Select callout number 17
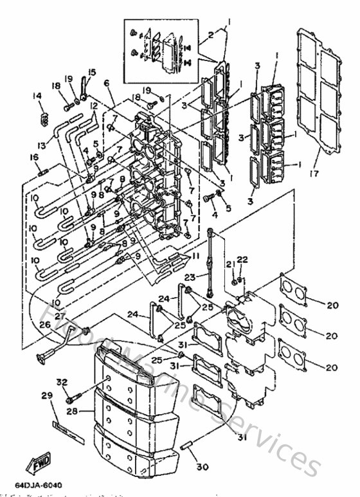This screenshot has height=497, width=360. pyautogui.click(x=314, y=173)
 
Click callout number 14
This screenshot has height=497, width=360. pyautogui.click(x=38, y=96)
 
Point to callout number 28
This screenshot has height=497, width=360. pyautogui.click(x=72, y=409)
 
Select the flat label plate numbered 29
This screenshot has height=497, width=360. pyautogui.click(x=68, y=429)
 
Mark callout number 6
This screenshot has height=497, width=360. pyautogui.click(x=106, y=83)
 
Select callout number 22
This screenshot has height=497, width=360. pyautogui.click(x=243, y=259)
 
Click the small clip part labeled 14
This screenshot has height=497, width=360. pyautogui.click(x=44, y=118)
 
